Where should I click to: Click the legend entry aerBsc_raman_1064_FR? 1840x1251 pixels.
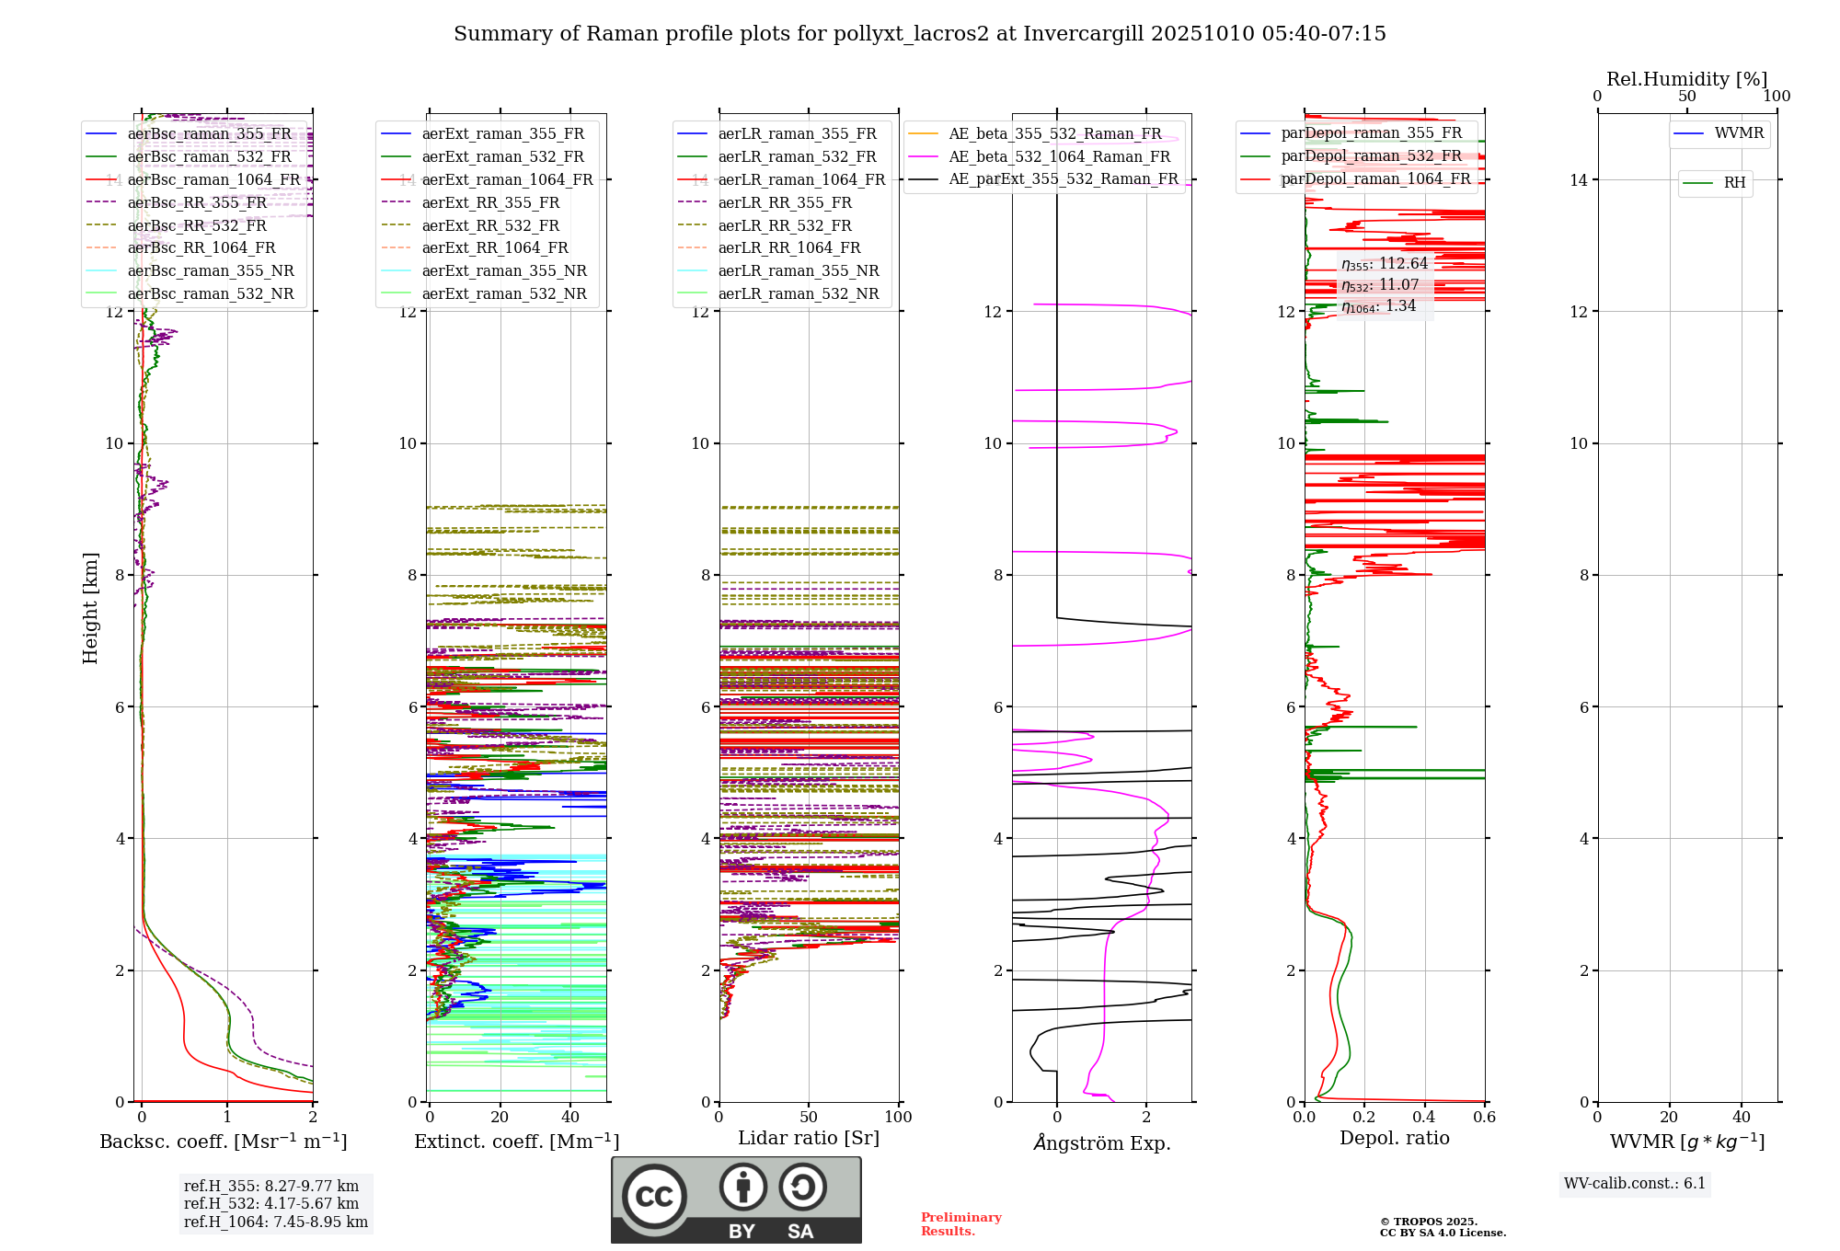click(213, 179)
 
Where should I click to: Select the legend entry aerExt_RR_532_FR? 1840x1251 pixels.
click(489, 225)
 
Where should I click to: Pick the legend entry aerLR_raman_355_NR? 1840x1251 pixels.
click(798, 270)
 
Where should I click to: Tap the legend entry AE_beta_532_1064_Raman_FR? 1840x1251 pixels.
click(1059, 156)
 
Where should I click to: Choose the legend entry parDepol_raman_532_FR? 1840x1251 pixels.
click(1371, 155)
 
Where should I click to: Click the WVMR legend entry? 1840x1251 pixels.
click(1739, 133)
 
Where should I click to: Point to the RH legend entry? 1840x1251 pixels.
click(1734, 183)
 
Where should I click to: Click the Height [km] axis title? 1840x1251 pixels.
click(90, 608)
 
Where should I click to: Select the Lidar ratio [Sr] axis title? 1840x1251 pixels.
click(809, 1138)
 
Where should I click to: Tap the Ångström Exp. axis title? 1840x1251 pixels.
click(1102, 1142)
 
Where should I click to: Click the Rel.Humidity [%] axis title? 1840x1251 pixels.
click(1686, 79)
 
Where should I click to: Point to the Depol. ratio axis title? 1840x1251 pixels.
click(1394, 1138)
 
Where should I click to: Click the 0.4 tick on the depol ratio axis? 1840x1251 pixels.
click(1424, 1118)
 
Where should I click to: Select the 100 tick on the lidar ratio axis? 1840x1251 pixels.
click(898, 1118)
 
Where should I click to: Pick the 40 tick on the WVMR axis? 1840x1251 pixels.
click(1741, 1118)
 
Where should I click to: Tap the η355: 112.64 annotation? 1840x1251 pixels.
click(1385, 264)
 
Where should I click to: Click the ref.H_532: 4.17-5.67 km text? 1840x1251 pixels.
click(270, 1203)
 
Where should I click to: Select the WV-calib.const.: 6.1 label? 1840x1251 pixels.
click(1635, 1184)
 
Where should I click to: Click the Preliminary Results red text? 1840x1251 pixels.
click(960, 1224)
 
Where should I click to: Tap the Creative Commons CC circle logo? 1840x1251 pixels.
click(654, 1197)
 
